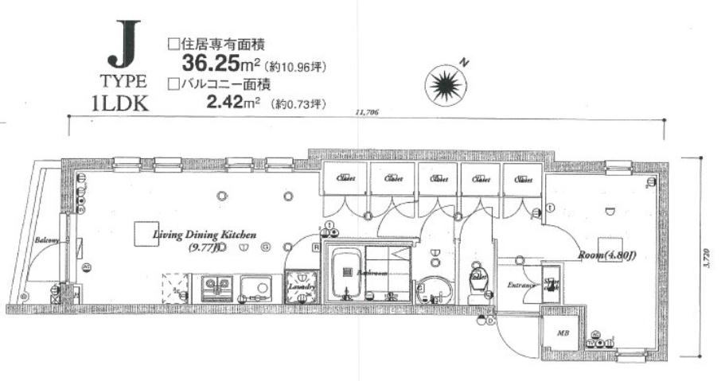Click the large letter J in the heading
[x=123, y=49]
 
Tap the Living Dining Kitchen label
[x=205, y=235]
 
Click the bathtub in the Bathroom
[x=348, y=272]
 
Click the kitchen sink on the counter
[x=256, y=286]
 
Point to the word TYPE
[x=123, y=81]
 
